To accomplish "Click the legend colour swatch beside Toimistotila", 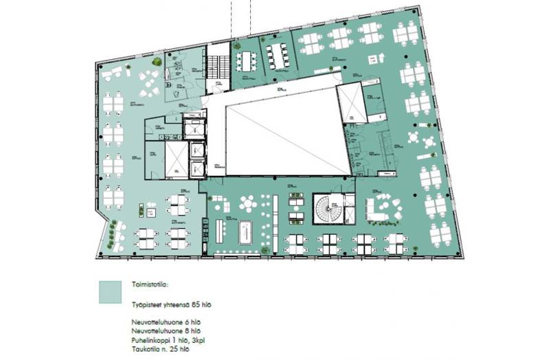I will [x=110, y=291].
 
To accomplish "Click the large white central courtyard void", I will [x=282, y=133].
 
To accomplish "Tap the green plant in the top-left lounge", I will [x=157, y=62].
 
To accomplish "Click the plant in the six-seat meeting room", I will [x=236, y=46].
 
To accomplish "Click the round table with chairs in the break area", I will [x=247, y=203].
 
